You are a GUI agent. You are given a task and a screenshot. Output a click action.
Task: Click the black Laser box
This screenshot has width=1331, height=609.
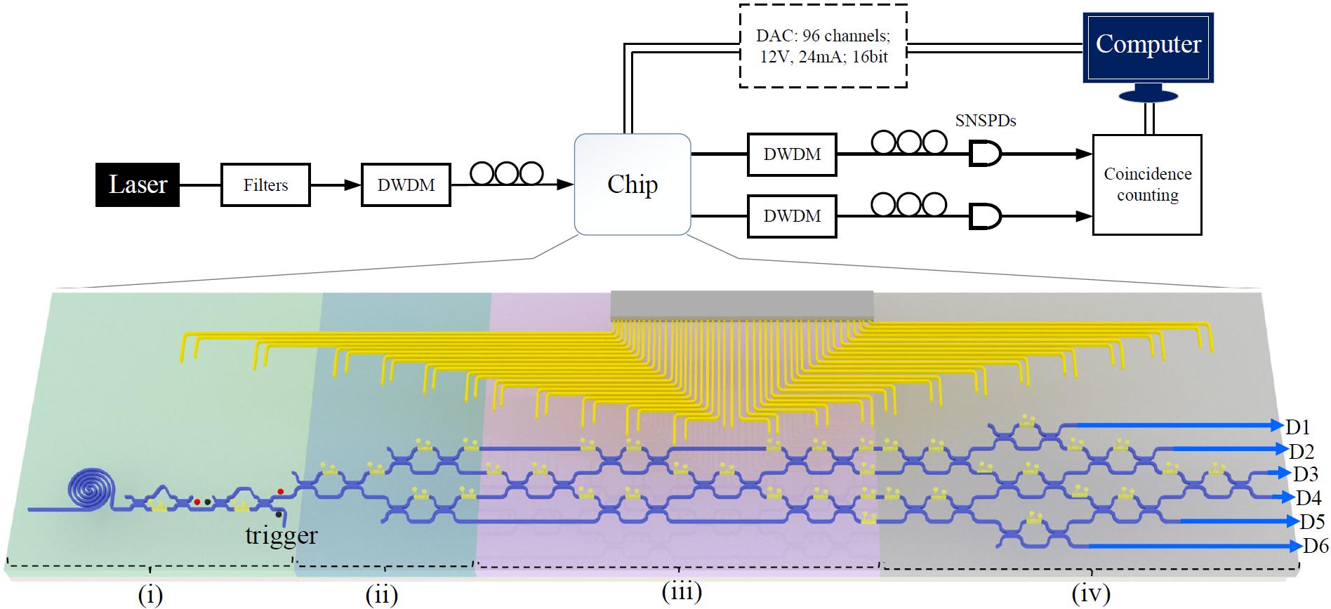[x=138, y=185]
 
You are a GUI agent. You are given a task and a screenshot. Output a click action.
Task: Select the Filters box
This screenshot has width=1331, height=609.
[x=265, y=185]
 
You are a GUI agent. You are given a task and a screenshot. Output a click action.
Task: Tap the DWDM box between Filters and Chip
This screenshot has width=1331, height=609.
[x=406, y=185]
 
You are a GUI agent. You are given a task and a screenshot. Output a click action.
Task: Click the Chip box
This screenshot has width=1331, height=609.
[x=633, y=185]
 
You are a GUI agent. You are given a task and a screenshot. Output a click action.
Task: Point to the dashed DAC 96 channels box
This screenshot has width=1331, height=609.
[x=823, y=46]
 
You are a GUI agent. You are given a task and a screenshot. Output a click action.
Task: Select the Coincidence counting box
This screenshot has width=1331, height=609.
[x=1147, y=185]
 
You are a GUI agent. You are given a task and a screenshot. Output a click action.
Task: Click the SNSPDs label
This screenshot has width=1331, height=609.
[x=985, y=121]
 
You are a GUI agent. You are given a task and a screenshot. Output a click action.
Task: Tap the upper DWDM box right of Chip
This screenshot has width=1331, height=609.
[x=792, y=154]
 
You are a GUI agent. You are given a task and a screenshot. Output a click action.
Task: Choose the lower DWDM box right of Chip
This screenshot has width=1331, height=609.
[x=792, y=215]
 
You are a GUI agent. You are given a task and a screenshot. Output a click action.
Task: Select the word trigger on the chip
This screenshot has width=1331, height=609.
[x=281, y=535]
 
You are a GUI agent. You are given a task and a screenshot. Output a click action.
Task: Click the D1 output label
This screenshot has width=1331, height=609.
[x=1299, y=426]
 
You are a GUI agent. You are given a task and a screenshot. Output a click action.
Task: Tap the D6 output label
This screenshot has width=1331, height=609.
[x=1315, y=546]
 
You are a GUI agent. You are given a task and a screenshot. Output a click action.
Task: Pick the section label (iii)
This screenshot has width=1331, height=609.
[x=682, y=592]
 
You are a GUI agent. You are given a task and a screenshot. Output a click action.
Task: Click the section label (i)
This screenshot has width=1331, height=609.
[x=150, y=595]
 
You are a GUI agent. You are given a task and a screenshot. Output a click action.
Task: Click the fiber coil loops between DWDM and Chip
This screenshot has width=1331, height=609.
[x=507, y=173]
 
